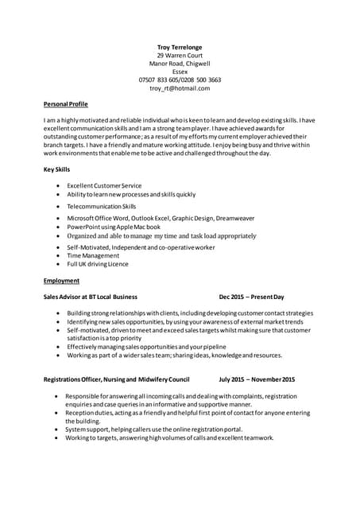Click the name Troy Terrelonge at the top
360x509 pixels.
point(180,47)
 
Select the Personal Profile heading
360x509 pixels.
point(66,104)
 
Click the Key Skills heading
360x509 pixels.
point(57,169)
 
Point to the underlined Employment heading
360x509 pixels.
point(61,281)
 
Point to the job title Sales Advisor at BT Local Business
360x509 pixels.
point(91,296)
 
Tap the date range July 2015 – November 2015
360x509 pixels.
point(257,379)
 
